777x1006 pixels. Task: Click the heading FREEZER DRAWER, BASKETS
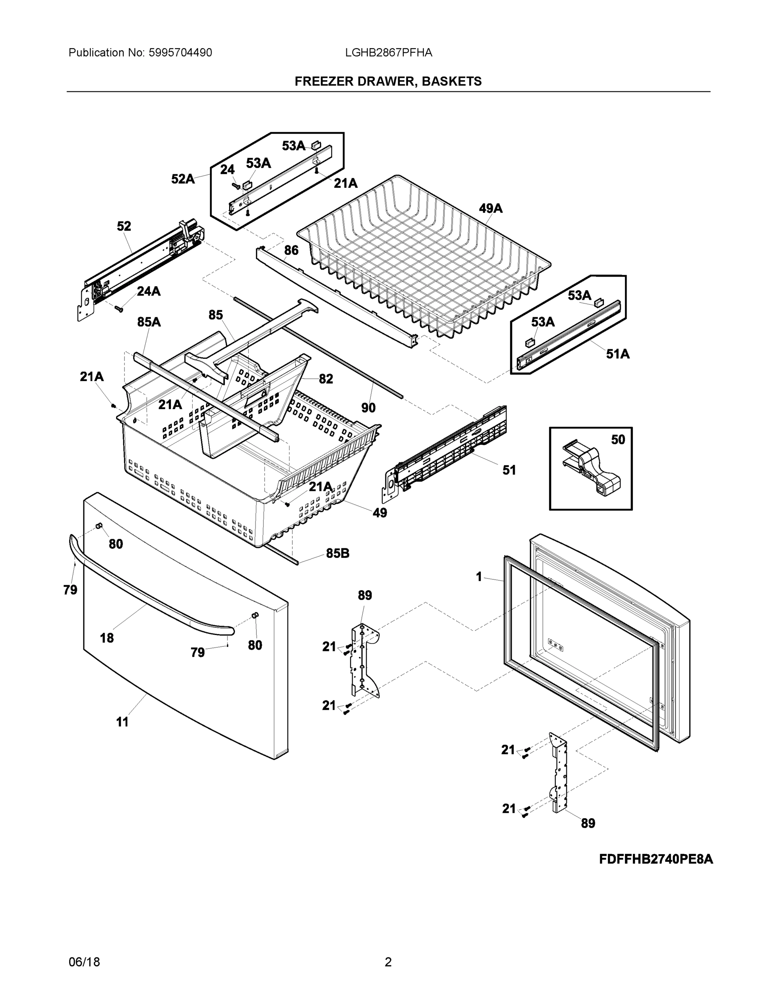[x=388, y=82]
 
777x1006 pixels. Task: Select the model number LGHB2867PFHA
[x=389, y=53]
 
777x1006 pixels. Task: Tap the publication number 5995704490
[x=180, y=53]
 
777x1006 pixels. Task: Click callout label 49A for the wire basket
[x=490, y=209]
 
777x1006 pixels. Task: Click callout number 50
[x=618, y=440]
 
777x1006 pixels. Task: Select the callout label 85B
[x=338, y=553]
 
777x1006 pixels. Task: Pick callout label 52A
[x=183, y=179]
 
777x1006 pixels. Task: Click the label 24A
[x=149, y=291]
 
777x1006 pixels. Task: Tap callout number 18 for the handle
[x=107, y=638]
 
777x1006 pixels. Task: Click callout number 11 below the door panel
[x=122, y=722]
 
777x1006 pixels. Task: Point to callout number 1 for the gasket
[x=479, y=577]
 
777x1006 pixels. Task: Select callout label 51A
[x=618, y=354]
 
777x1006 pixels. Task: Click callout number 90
[x=368, y=408]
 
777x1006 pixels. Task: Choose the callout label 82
[x=326, y=379]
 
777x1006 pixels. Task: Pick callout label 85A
[x=149, y=322]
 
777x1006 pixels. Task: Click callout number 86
[x=291, y=250]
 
